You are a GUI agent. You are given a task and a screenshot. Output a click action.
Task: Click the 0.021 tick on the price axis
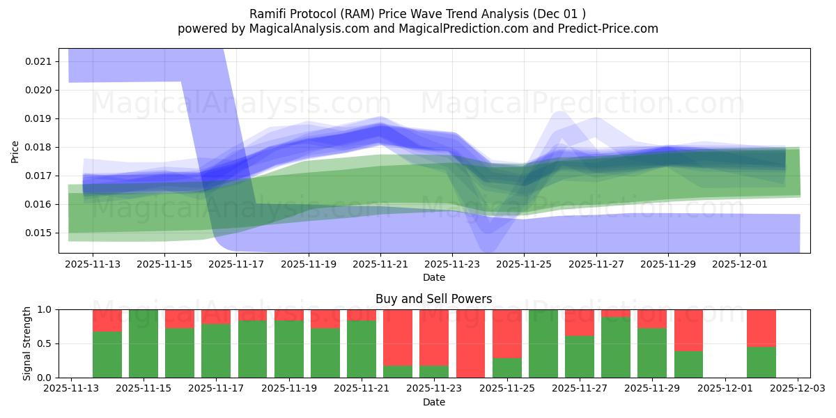(x=38, y=61)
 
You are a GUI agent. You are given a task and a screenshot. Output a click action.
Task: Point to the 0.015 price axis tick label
(x=38, y=233)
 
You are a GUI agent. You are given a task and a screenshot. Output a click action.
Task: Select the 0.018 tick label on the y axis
(x=38, y=147)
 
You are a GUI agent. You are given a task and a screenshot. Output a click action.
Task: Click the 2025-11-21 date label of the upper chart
(x=380, y=265)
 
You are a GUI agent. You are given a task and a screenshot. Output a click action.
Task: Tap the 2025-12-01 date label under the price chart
(x=740, y=265)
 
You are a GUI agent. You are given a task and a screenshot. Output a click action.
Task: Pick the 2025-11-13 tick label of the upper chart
(x=93, y=265)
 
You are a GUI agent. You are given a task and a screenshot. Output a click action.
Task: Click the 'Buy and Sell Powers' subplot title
(x=433, y=299)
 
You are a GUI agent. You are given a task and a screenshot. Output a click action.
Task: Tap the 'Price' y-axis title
(x=15, y=152)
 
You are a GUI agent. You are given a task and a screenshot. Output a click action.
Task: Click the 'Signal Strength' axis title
(x=26, y=343)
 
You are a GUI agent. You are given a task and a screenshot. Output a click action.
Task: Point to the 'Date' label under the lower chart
(x=433, y=402)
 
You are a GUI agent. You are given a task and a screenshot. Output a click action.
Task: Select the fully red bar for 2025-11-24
(x=471, y=343)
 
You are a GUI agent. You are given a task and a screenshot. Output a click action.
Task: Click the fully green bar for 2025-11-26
(x=543, y=343)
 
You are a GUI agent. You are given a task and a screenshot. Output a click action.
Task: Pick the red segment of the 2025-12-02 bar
(x=761, y=327)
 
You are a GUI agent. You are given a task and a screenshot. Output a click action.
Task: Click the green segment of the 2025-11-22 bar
(x=398, y=371)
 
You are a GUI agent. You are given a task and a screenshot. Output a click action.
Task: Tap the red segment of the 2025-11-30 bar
(x=688, y=330)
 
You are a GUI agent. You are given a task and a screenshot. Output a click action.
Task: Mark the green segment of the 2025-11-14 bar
(x=107, y=355)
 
